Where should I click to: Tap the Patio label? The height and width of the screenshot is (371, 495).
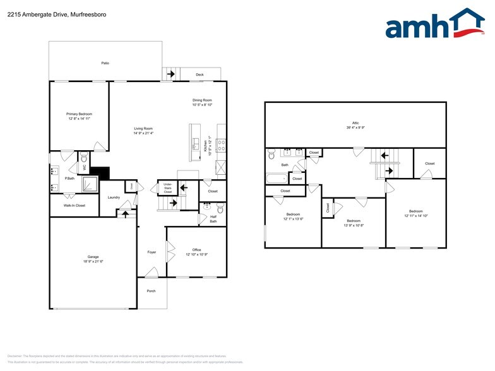point(105,63)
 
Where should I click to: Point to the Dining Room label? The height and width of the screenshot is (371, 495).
point(202,100)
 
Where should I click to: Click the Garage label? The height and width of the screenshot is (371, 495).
point(93,257)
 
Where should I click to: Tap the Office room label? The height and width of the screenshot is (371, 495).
point(196,250)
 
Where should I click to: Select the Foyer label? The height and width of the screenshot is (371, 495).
point(152,252)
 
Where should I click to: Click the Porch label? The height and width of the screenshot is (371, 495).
point(152,291)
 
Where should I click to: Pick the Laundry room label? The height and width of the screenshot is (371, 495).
point(114,197)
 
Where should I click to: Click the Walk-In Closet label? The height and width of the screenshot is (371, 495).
point(75,205)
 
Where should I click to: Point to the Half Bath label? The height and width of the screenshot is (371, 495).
point(213,219)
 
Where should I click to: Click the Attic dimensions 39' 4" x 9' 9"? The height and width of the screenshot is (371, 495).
point(355,128)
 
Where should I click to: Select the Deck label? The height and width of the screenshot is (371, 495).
point(200,74)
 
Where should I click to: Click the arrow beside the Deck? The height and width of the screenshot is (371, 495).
point(170,74)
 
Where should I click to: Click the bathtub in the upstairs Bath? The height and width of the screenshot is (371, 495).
point(276,178)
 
